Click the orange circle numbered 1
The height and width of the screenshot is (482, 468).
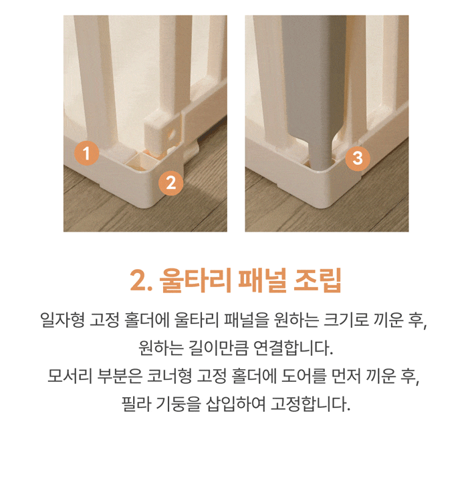click(86, 153)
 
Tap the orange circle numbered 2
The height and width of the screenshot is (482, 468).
click(170, 183)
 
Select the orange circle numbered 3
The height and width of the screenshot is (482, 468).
click(357, 158)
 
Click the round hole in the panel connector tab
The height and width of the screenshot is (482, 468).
click(171, 134)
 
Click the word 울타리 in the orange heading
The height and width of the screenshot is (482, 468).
click(195, 280)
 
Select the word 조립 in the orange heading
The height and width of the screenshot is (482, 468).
click(318, 280)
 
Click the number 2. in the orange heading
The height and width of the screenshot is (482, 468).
click(141, 281)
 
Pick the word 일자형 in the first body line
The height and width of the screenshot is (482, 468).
click(62, 320)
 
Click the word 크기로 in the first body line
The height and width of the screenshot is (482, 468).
click(346, 320)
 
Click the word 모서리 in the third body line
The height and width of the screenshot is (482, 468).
click(70, 376)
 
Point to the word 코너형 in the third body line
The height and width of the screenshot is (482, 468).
click(169, 376)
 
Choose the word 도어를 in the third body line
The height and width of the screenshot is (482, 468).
click(304, 376)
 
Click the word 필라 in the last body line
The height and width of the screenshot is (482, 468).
click(136, 404)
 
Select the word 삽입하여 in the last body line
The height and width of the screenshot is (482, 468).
click(235, 404)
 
